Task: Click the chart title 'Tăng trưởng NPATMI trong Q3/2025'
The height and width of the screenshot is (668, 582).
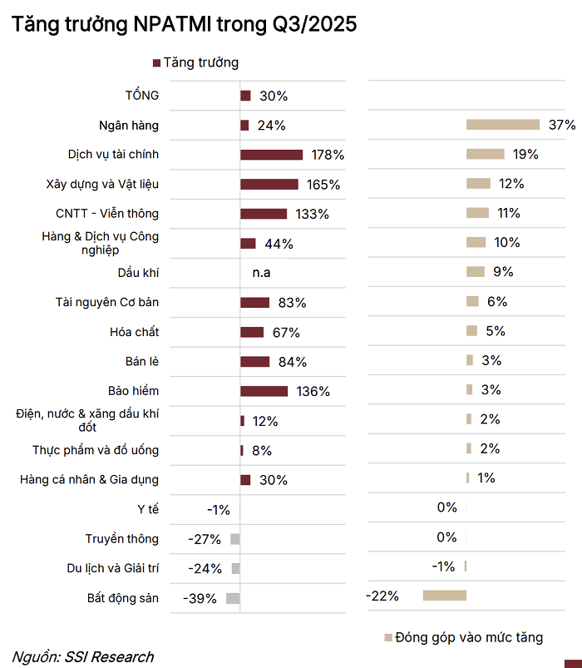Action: (185, 25)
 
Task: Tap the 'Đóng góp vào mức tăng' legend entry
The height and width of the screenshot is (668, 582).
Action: (470, 637)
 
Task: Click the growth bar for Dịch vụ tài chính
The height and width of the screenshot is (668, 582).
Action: (271, 155)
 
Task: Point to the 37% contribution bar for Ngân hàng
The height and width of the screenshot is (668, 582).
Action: (503, 125)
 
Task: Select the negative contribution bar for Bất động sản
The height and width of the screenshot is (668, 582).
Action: (445, 596)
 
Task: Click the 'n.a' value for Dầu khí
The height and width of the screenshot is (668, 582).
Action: (261, 272)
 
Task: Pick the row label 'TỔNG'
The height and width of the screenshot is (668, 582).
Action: (141, 96)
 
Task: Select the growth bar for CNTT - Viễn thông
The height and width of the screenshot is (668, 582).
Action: (264, 214)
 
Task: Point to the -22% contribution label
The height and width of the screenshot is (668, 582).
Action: (382, 596)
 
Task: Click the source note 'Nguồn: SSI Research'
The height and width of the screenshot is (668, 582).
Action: (82, 656)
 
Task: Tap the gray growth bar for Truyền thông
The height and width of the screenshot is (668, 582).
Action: (235, 539)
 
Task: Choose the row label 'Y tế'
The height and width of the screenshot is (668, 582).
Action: (148, 509)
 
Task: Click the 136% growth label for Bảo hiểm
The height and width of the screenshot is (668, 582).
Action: (313, 391)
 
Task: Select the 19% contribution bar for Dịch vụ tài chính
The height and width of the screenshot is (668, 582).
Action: (486, 154)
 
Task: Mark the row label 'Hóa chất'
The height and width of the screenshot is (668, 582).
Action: (135, 332)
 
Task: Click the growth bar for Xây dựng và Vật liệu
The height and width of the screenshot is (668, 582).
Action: (269, 184)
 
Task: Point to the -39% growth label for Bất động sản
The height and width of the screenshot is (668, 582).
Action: (200, 598)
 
